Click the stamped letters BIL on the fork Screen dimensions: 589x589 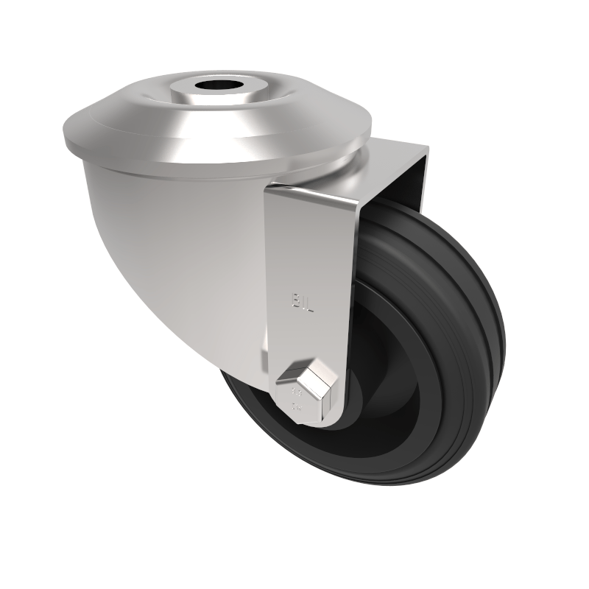[x=303, y=302]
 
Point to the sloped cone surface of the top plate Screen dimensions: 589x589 [x=147, y=110]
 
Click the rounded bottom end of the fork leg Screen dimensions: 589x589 [x=313, y=420]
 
